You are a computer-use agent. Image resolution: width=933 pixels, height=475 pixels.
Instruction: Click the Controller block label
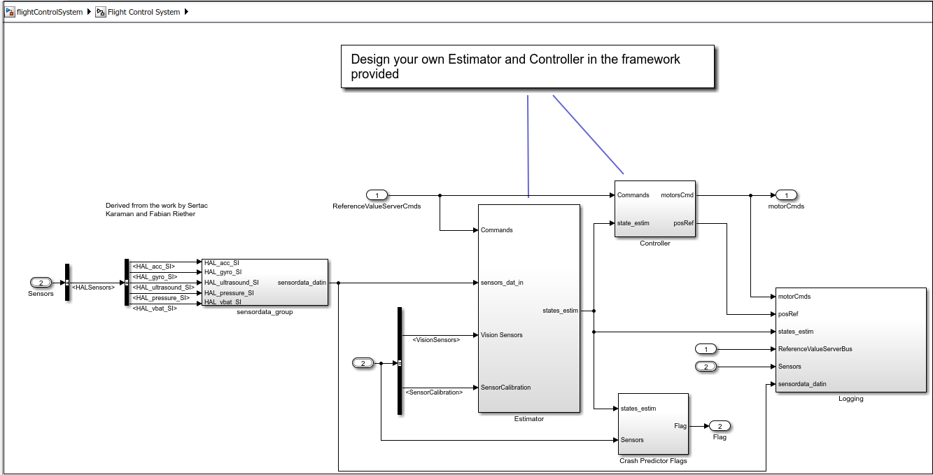coord(654,243)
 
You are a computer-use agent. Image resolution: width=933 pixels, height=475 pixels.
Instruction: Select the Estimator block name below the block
coord(528,419)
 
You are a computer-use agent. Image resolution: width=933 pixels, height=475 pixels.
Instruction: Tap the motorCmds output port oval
coord(786,195)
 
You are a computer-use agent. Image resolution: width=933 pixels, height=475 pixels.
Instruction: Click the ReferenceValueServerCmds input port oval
coord(377,195)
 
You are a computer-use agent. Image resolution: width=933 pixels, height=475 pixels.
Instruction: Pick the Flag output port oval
coord(720,426)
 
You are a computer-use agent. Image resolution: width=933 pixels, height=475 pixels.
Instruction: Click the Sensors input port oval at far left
coord(41,283)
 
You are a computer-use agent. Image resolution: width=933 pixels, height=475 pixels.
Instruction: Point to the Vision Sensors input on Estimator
coord(501,335)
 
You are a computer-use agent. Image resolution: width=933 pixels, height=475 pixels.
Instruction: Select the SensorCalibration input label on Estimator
coord(505,388)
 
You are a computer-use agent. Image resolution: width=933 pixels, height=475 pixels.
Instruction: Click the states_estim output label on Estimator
coord(560,311)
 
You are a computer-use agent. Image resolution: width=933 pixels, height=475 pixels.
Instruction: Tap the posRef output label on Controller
coord(683,223)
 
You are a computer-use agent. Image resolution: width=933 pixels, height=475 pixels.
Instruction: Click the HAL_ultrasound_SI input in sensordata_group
coord(231,283)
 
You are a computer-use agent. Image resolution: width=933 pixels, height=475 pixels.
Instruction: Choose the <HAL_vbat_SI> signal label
coord(154,309)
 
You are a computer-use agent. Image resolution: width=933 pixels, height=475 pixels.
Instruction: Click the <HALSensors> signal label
coord(93,287)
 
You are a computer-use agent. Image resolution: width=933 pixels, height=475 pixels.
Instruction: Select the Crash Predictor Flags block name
coord(653,461)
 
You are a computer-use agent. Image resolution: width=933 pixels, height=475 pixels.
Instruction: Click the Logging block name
coord(850,399)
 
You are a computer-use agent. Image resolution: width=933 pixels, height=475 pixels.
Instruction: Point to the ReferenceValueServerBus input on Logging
coord(815,349)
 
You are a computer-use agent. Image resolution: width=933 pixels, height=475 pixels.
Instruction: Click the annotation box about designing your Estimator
coord(527,67)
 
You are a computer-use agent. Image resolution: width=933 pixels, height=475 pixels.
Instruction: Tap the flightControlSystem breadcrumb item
coord(49,12)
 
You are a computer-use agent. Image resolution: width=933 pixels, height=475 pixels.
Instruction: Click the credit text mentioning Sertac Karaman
coord(157,210)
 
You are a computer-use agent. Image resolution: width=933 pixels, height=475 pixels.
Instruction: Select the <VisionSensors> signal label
coord(436,340)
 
